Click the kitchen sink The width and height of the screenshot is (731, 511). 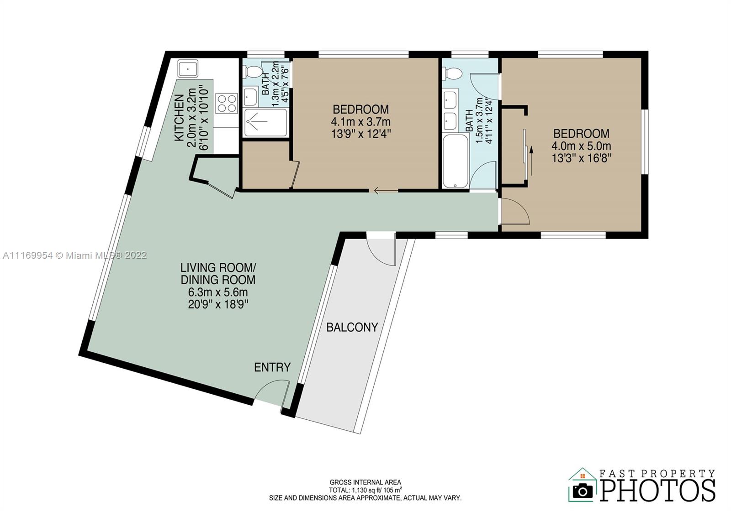point(188,69)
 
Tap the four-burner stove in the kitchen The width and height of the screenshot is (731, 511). point(227,103)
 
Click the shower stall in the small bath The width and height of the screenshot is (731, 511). point(265,122)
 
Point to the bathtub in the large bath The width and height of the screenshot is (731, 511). point(456,161)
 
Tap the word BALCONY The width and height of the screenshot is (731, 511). point(352,327)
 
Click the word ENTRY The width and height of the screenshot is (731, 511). point(272,367)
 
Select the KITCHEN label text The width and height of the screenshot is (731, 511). point(179,118)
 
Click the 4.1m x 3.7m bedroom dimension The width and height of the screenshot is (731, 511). point(360,121)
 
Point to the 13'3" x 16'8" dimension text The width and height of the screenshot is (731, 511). point(581,158)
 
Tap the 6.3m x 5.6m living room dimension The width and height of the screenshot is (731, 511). point(218,292)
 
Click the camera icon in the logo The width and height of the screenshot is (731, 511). point(583,490)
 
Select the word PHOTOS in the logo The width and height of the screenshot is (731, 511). point(657,490)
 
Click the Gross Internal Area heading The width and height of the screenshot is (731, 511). point(365,482)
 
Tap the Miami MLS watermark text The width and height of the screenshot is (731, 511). point(75,255)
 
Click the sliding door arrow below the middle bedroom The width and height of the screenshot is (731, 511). point(386,191)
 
